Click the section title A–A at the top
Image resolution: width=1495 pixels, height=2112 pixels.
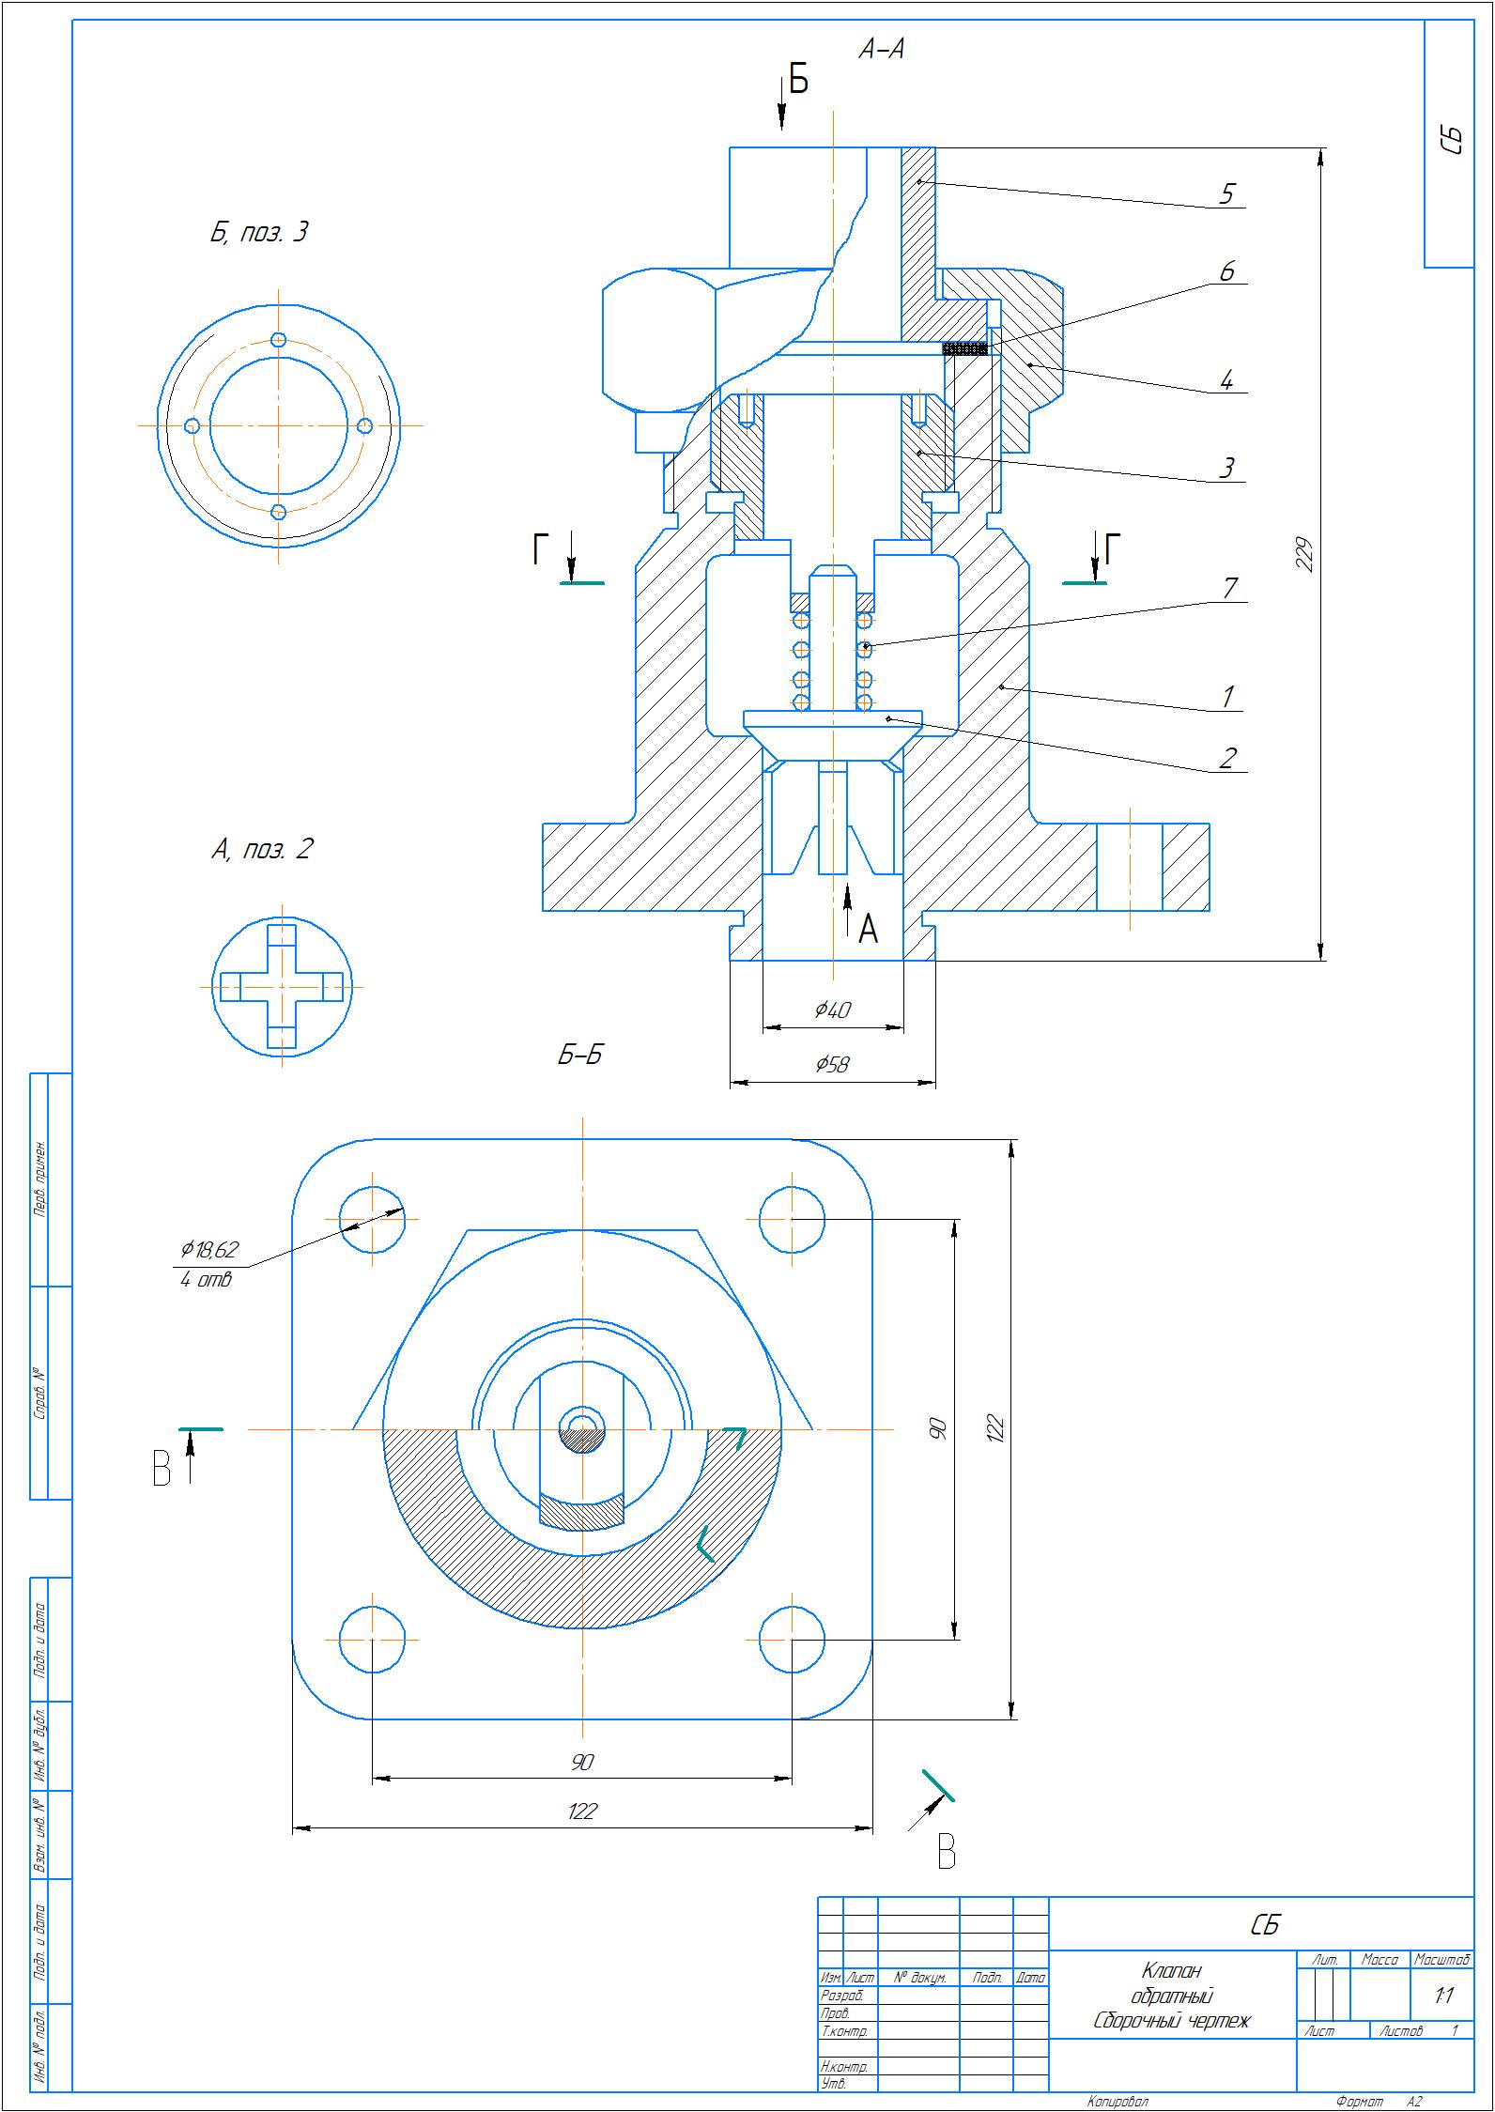[881, 50]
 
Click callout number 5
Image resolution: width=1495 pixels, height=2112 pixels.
[1225, 193]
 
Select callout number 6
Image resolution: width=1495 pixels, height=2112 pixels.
[1226, 271]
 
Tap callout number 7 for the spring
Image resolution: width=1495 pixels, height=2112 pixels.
[1229, 588]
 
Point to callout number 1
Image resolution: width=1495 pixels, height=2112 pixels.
[1226, 697]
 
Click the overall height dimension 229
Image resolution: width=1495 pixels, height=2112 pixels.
[1303, 554]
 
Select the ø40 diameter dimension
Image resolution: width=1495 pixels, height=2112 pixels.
[832, 1010]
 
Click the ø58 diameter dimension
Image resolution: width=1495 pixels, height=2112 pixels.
[832, 1063]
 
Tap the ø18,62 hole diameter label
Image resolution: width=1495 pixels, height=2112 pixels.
[210, 1249]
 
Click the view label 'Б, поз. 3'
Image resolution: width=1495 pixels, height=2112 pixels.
[258, 233]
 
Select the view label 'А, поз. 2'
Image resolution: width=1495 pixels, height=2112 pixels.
[262, 850]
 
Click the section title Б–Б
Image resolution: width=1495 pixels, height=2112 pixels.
[579, 1056]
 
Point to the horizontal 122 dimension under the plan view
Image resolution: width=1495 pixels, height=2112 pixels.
[582, 1811]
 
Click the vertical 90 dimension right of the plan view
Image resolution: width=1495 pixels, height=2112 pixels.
[938, 1428]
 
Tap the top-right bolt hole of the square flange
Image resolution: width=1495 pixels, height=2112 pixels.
[792, 1219]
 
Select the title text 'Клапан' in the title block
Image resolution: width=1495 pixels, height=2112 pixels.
[1171, 1970]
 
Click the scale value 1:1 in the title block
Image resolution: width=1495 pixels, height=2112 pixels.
[1443, 1996]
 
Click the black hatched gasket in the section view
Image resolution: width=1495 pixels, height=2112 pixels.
[964, 348]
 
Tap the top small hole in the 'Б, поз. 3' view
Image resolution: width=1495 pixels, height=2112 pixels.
[278, 339]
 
